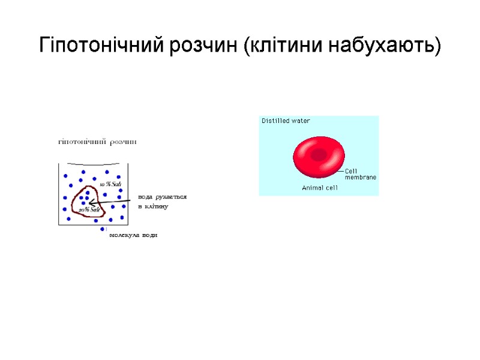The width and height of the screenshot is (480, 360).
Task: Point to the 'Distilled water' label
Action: coord(286,121)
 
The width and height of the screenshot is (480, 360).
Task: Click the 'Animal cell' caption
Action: coord(320,188)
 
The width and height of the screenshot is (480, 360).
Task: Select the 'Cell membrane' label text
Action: coord(360,175)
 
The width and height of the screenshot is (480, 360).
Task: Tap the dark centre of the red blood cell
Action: coord(318,155)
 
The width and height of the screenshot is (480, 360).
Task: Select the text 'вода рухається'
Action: coord(162,197)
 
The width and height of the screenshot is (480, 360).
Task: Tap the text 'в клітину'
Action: coord(153,206)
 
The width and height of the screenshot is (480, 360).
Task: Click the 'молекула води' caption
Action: coord(133,236)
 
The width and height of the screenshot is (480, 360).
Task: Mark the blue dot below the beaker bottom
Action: coord(103,229)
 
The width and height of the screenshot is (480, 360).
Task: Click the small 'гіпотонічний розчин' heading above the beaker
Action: coord(97,142)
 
